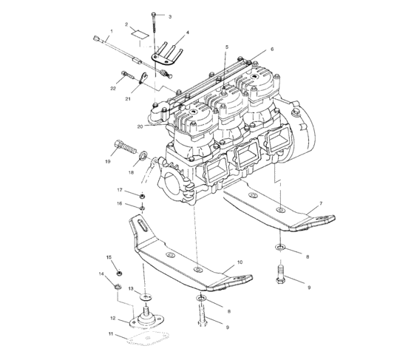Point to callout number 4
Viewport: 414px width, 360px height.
point(187,33)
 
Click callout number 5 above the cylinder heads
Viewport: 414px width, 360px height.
point(227,47)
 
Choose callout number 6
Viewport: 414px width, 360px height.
point(271,50)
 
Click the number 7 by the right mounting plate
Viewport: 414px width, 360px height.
point(320,203)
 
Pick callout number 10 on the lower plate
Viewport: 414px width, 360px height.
point(239,262)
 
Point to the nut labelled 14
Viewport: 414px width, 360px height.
point(118,284)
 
